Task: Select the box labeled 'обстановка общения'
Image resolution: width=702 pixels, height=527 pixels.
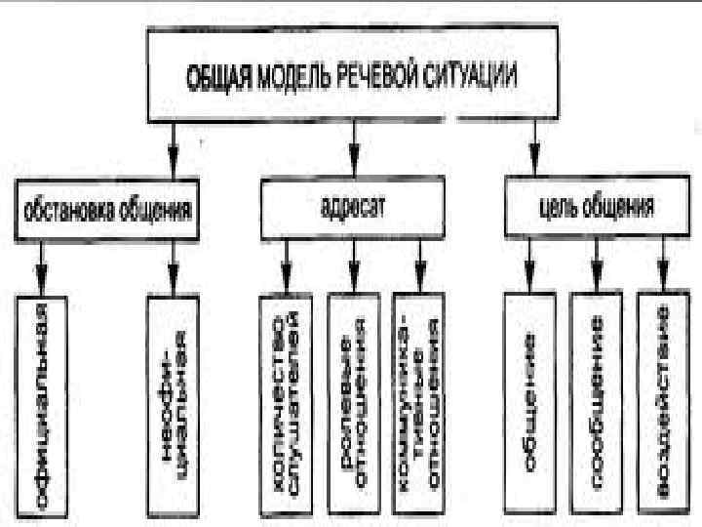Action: (x=106, y=209)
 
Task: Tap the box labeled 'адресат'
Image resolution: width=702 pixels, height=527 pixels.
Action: (x=351, y=209)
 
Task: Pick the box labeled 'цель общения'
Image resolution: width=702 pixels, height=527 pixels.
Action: (x=596, y=209)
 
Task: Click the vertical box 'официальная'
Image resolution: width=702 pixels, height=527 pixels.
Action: (x=41, y=404)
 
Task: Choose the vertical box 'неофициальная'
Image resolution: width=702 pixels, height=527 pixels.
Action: (x=172, y=404)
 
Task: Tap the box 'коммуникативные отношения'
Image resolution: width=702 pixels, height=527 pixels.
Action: (x=419, y=404)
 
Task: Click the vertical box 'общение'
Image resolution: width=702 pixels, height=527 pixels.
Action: (x=529, y=404)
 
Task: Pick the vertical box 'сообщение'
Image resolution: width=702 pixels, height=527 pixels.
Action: (x=596, y=404)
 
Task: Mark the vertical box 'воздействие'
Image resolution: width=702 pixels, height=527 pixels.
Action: (x=663, y=404)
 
